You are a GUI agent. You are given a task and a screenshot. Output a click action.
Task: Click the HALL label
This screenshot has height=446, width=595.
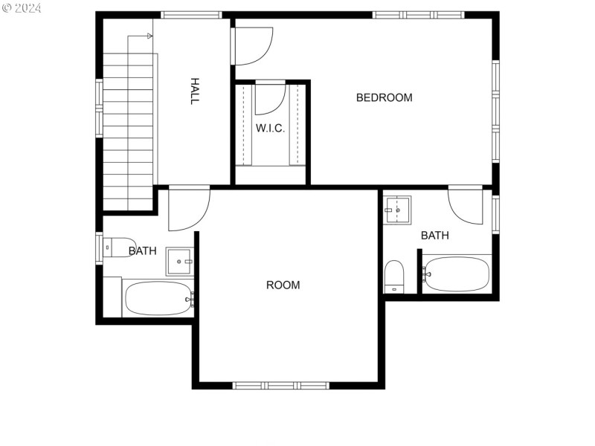coord(194,91)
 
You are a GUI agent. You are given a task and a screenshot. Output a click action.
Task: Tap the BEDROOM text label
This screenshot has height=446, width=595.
coord(384,97)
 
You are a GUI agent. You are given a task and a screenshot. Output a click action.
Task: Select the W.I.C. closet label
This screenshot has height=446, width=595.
coord(270,128)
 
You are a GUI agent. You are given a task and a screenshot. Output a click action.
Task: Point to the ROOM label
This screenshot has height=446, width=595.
coord(283,285)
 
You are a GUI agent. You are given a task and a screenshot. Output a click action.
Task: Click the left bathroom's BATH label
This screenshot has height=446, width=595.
coord(142,251)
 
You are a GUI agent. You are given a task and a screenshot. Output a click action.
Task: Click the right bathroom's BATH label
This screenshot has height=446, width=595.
coord(435,236)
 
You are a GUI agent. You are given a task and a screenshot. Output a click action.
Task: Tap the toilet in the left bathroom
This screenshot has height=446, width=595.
coord(118,247)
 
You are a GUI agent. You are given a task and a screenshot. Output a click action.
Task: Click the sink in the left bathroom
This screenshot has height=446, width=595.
coord(179,262)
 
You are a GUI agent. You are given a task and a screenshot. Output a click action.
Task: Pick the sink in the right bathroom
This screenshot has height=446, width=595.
coord(398,210)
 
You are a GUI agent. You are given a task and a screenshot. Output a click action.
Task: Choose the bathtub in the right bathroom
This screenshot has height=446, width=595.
coord(457,274)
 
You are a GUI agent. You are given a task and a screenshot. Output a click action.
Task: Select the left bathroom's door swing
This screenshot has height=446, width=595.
coord(188,208)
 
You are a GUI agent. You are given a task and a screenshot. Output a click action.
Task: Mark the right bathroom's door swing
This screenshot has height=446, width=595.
coord(466,205)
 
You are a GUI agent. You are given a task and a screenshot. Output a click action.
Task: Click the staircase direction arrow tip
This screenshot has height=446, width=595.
coord(150,36)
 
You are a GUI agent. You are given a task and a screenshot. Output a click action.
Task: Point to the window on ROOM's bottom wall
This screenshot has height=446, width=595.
coord(281,385)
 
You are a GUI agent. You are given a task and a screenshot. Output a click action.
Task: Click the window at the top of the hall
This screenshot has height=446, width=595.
coord(191,15)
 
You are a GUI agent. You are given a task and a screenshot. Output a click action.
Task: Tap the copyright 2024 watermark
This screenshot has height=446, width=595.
coord(22,8)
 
